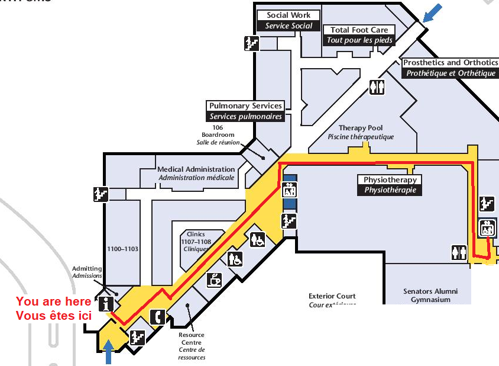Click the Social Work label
pyautogui.click(x=289, y=21)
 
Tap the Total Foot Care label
pyautogui.click(x=359, y=35)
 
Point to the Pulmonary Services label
pyautogui.click(x=245, y=111)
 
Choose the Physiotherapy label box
pyautogui.click(x=390, y=185)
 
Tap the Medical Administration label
pyautogui.click(x=196, y=174)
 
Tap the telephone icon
pyautogui.click(x=158, y=317)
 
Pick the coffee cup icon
pyautogui.click(x=214, y=280)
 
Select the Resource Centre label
pyautogui.click(x=191, y=346)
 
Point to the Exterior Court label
pyautogui.click(x=332, y=300)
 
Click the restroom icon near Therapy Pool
pyautogui.click(x=377, y=87)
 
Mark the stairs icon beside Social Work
pyautogui.click(x=252, y=43)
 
